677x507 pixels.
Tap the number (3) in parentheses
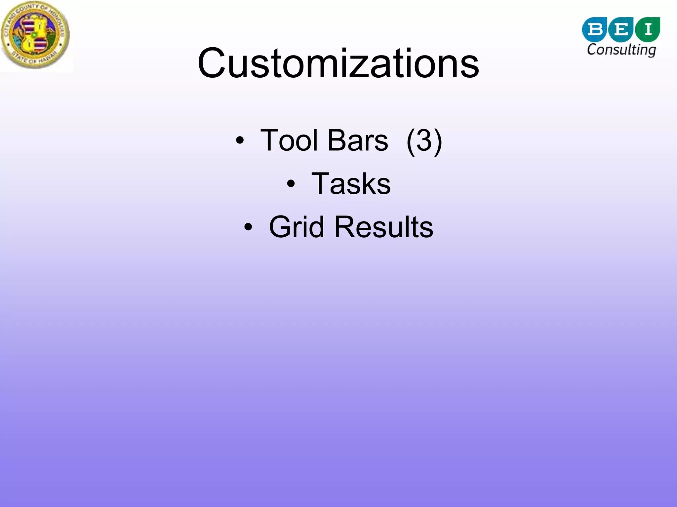(424, 141)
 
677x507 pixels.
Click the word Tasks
(351, 184)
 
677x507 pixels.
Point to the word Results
(383, 227)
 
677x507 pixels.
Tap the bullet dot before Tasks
(291, 184)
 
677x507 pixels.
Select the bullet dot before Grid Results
(248, 227)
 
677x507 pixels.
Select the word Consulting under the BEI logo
(621, 50)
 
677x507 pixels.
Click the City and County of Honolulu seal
(35, 35)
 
